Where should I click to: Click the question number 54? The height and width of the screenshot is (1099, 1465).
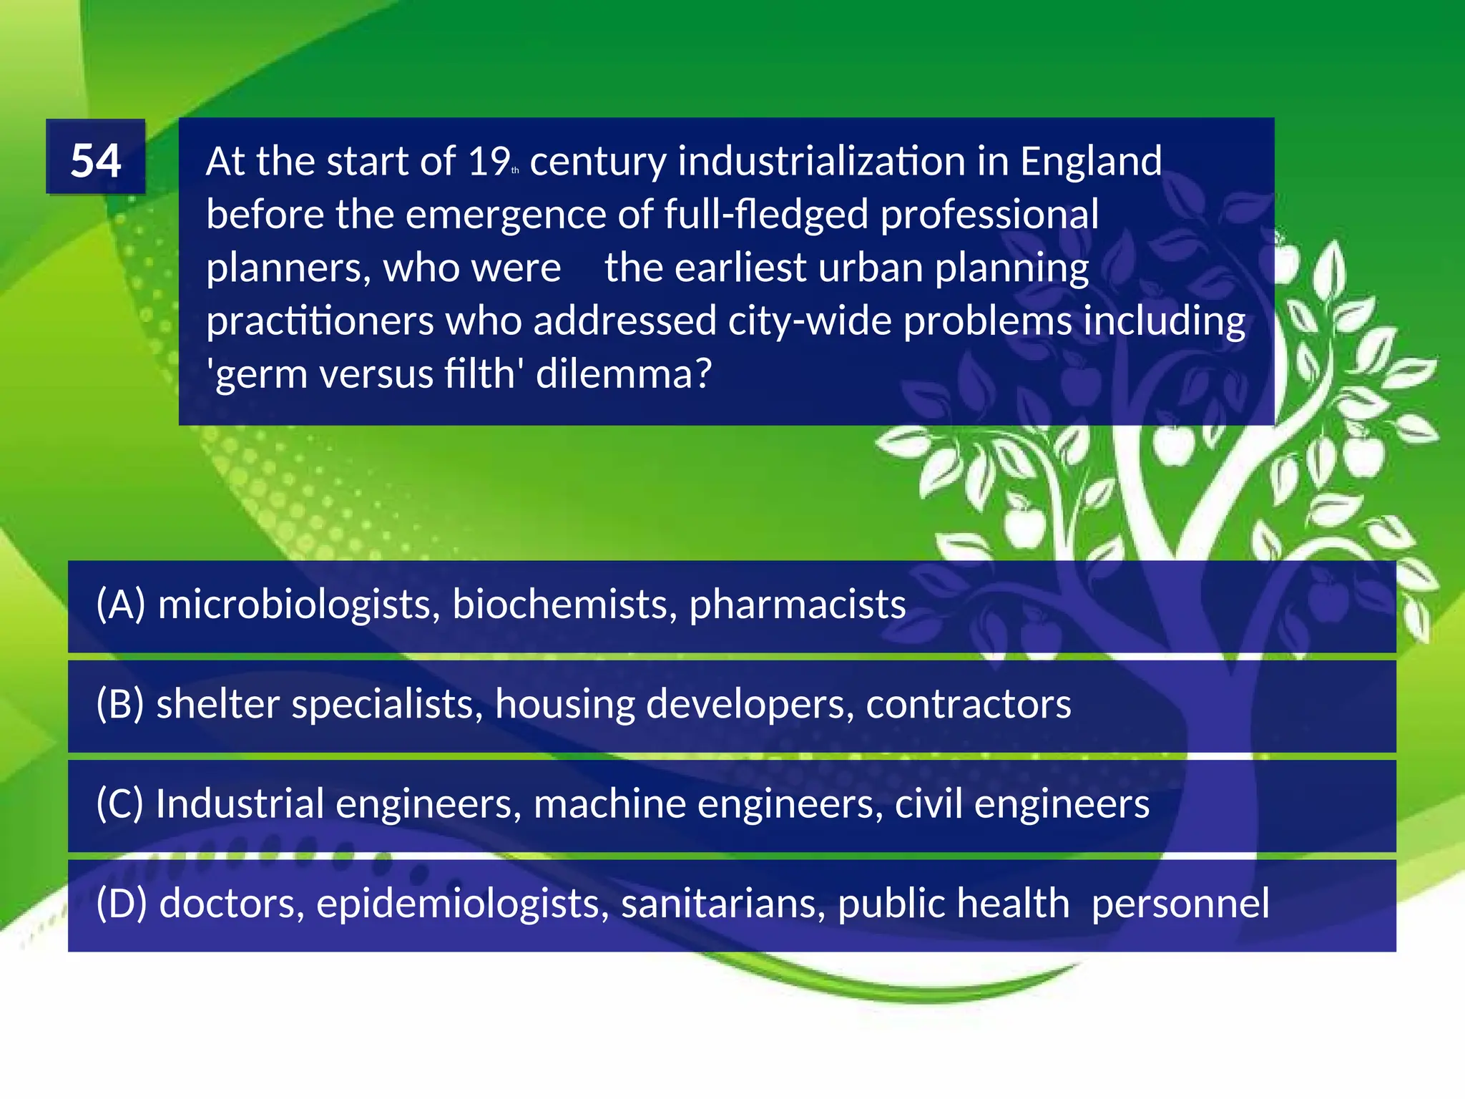96,160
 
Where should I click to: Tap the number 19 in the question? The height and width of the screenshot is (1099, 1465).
488,162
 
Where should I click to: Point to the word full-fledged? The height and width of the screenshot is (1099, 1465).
765,215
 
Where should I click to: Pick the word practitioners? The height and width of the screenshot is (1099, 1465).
320,321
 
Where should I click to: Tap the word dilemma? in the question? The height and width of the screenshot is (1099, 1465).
624,373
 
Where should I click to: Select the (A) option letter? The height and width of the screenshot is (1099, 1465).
121,605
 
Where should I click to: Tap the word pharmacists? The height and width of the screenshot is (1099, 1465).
797,605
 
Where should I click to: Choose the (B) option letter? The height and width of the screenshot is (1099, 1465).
120,704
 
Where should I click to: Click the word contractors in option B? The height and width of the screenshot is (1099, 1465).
968,704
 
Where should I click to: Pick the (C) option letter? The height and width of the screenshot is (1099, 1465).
120,804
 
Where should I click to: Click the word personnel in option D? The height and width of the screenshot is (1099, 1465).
1180,903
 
